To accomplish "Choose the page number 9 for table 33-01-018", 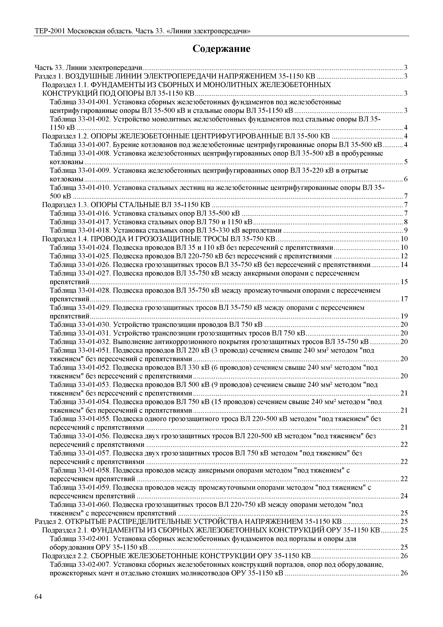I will point(406,230).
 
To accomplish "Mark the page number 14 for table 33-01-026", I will point(404,265).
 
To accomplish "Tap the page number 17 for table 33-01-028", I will point(404,299).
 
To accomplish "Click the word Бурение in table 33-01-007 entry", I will point(124,145).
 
